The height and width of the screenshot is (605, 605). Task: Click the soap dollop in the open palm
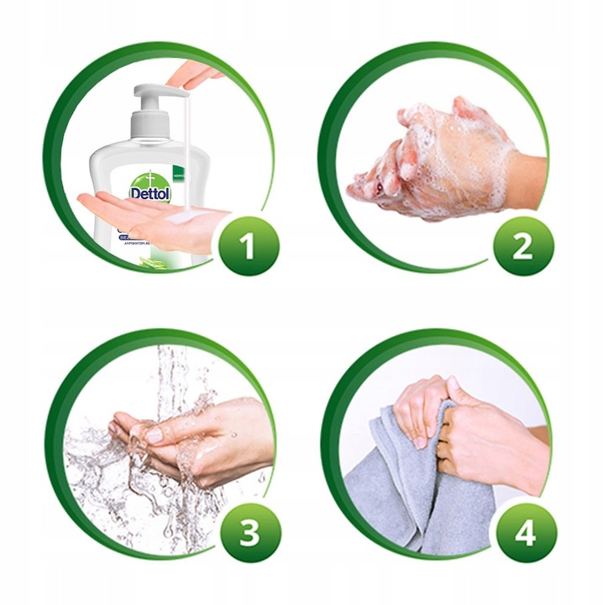click(x=180, y=218)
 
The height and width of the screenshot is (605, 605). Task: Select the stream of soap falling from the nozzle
click(x=181, y=151)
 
